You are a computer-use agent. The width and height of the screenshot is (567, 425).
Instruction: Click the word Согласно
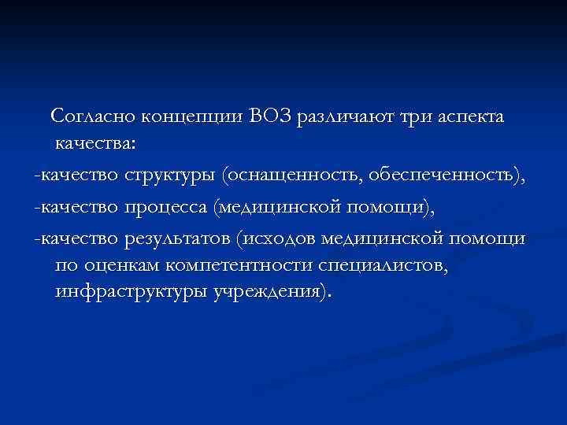coord(94,117)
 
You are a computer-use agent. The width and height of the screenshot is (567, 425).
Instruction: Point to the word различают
coord(345,117)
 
